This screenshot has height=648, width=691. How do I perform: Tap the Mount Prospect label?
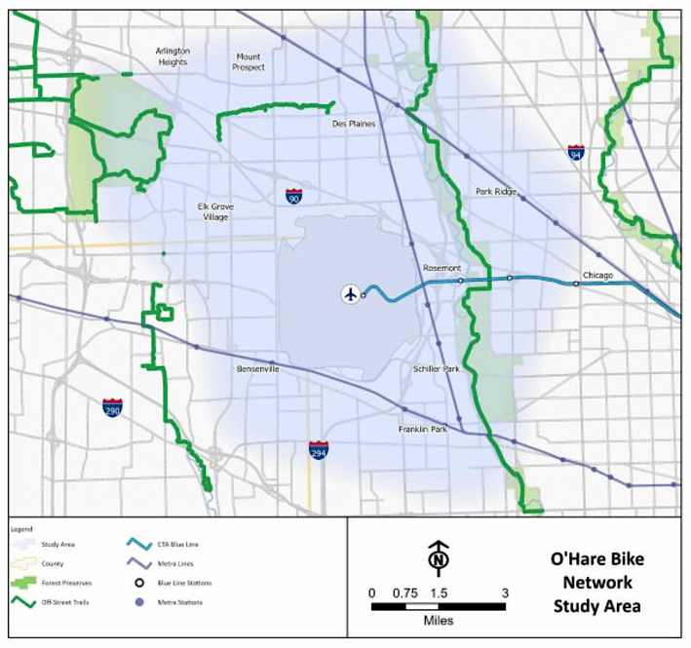(x=248, y=62)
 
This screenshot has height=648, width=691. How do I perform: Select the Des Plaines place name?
(x=354, y=124)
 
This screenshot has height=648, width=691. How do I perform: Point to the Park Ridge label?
(x=496, y=192)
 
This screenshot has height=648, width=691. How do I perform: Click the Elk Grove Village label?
(x=213, y=212)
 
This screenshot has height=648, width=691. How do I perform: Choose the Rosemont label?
(x=441, y=267)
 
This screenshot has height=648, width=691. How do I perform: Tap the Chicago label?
(x=597, y=276)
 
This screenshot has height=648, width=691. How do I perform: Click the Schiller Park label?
(x=436, y=370)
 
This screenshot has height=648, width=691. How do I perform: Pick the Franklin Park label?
(x=421, y=429)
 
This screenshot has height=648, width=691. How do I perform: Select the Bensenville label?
(x=258, y=370)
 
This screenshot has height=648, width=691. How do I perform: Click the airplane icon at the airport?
(x=350, y=293)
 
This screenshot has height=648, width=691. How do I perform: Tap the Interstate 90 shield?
(x=293, y=196)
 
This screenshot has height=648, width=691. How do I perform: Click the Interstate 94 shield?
(x=576, y=152)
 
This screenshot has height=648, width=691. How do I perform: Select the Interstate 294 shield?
(x=319, y=449)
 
